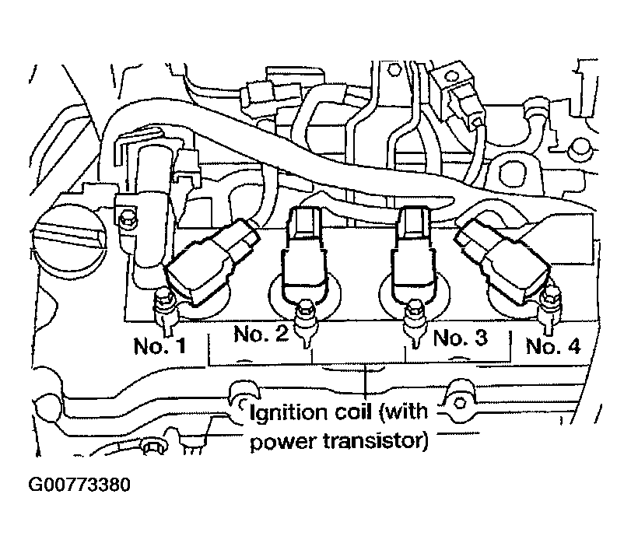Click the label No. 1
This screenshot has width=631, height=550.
point(159,345)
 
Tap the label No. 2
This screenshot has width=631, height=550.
point(261,335)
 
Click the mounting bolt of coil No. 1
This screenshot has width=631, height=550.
point(163,307)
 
